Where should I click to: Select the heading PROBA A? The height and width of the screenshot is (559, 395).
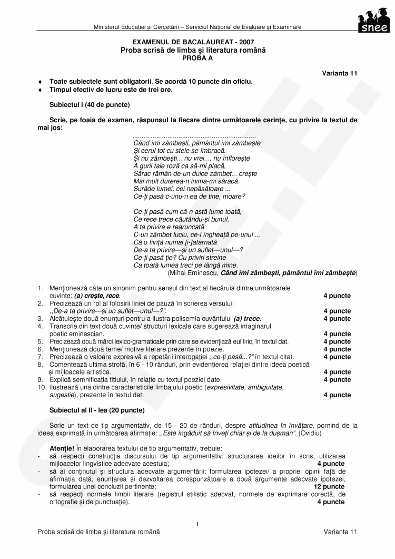[x=193, y=57]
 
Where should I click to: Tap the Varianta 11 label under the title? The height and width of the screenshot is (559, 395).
[x=340, y=73]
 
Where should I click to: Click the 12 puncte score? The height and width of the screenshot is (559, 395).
[x=329, y=487]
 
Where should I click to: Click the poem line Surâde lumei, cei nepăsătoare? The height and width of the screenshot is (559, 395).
[x=182, y=188]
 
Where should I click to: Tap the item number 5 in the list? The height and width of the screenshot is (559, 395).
[x=39, y=341]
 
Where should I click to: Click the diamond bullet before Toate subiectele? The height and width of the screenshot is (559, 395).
[x=40, y=82]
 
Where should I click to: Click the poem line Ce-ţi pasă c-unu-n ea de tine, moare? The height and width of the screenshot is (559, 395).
[x=190, y=196]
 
